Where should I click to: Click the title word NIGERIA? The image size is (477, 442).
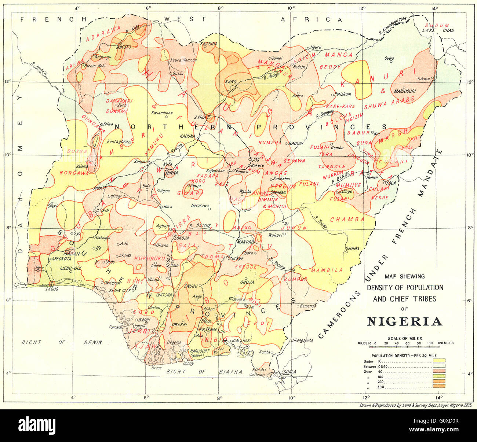(405, 321)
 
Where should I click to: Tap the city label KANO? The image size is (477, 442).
(231, 81)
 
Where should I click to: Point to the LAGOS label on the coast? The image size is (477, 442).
(52, 289)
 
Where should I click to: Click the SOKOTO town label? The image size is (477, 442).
(123, 47)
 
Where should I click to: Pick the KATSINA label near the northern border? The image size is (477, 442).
(209, 44)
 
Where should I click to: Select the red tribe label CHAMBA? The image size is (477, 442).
(347, 220)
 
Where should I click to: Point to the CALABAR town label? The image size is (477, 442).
(241, 340)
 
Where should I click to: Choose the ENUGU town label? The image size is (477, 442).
(191, 286)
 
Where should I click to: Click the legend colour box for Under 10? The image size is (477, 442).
(439, 361)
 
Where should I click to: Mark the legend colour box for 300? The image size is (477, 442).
(439, 386)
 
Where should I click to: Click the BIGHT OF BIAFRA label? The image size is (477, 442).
(204, 372)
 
